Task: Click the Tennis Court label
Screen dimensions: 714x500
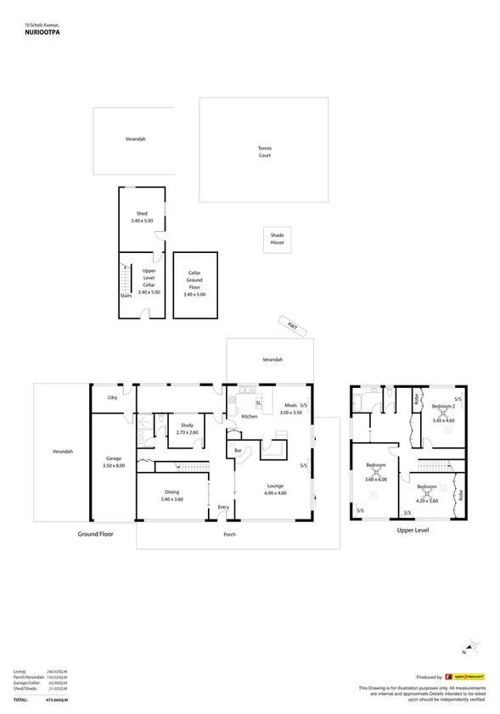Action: pos(265,152)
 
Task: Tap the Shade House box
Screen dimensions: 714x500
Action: pos(277,239)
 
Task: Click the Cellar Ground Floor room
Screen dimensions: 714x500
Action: pos(194,284)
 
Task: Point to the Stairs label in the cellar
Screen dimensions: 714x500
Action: pos(126,296)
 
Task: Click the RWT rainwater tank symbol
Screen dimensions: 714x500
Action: pos(291,324)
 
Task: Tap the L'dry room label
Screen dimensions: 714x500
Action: pos(111,398)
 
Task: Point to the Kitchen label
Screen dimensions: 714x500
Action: pos(250,417)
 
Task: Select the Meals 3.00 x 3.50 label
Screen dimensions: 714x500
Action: pos(291,409)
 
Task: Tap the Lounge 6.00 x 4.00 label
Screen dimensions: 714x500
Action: pos(275,490)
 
